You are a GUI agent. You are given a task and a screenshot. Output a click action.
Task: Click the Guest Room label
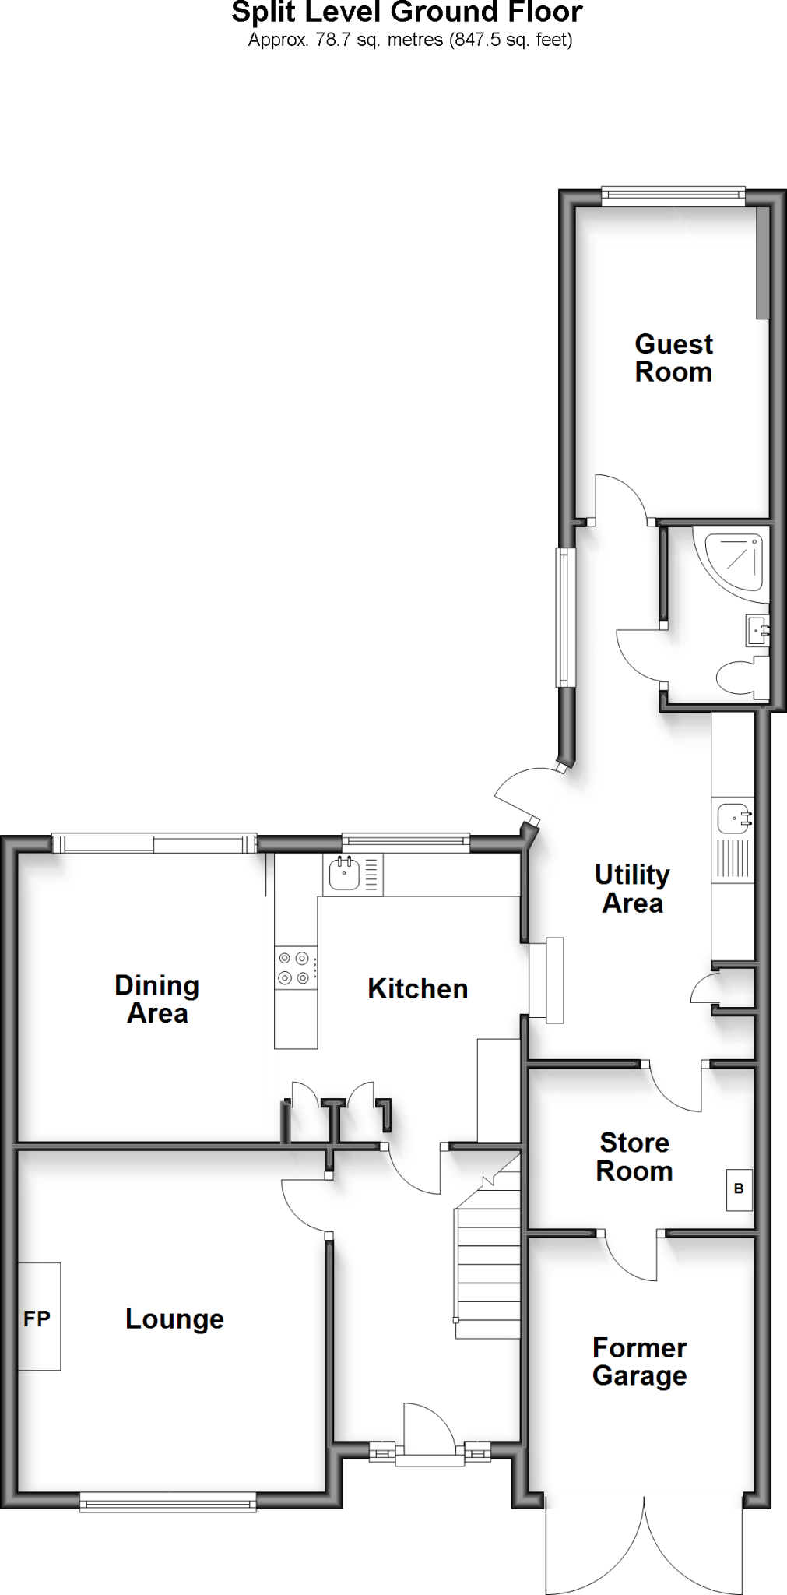click(673, 358)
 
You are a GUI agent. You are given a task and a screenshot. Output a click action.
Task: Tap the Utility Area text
click(632, 889)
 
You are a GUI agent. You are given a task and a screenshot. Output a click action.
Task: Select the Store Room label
click(634, 1157)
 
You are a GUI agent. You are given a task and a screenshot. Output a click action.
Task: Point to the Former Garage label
click(639, 1361)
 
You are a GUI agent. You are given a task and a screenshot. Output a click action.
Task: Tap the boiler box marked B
click(739, 1189)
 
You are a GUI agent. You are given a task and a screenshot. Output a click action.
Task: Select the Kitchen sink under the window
click(344, 873)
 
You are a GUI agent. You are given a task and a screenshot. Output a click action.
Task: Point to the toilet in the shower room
click(740, 677)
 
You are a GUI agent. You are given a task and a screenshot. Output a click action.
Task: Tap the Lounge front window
click(168, 1502)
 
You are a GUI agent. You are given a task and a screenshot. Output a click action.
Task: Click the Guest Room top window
click(673, 196)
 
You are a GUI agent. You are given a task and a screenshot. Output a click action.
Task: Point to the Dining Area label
click(157, 999)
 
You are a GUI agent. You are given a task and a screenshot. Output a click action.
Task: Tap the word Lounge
click(174, 1319)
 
